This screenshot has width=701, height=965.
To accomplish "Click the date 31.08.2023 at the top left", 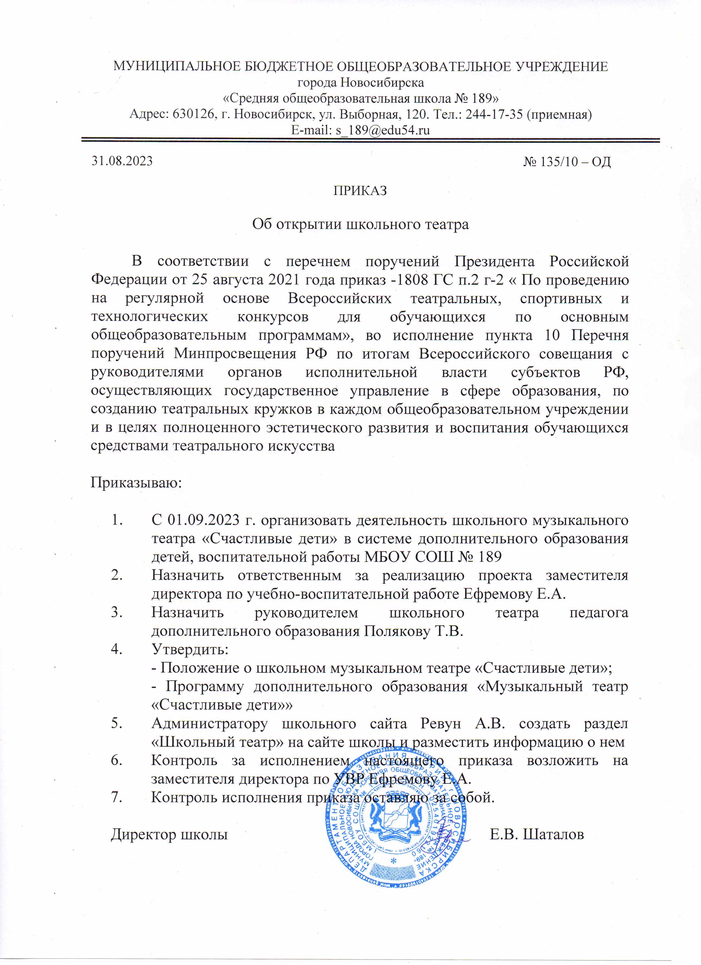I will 122,161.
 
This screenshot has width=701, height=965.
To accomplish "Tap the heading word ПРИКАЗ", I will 360,191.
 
